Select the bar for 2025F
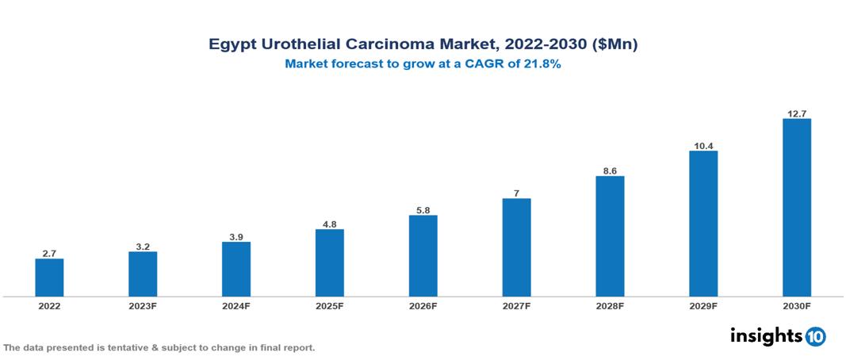tap(329, 262)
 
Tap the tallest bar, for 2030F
tap(796, 208)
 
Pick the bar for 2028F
tap(610, 236)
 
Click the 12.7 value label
tap(796, 113)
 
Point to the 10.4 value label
tap(703, 145)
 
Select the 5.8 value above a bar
tap(423, 209)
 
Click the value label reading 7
tap(516, 193)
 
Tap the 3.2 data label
tap(143, 246)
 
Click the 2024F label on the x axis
tap(235, 306)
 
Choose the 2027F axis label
tap(516, 306)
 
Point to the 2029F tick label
tap(703, 306)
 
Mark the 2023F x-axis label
tap(143, 306)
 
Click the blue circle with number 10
tap(815, 336)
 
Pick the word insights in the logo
tap(766, 335)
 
